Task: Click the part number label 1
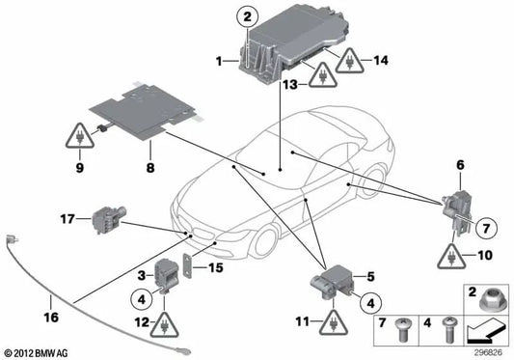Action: pyautogui.click(x=221, y=63)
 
